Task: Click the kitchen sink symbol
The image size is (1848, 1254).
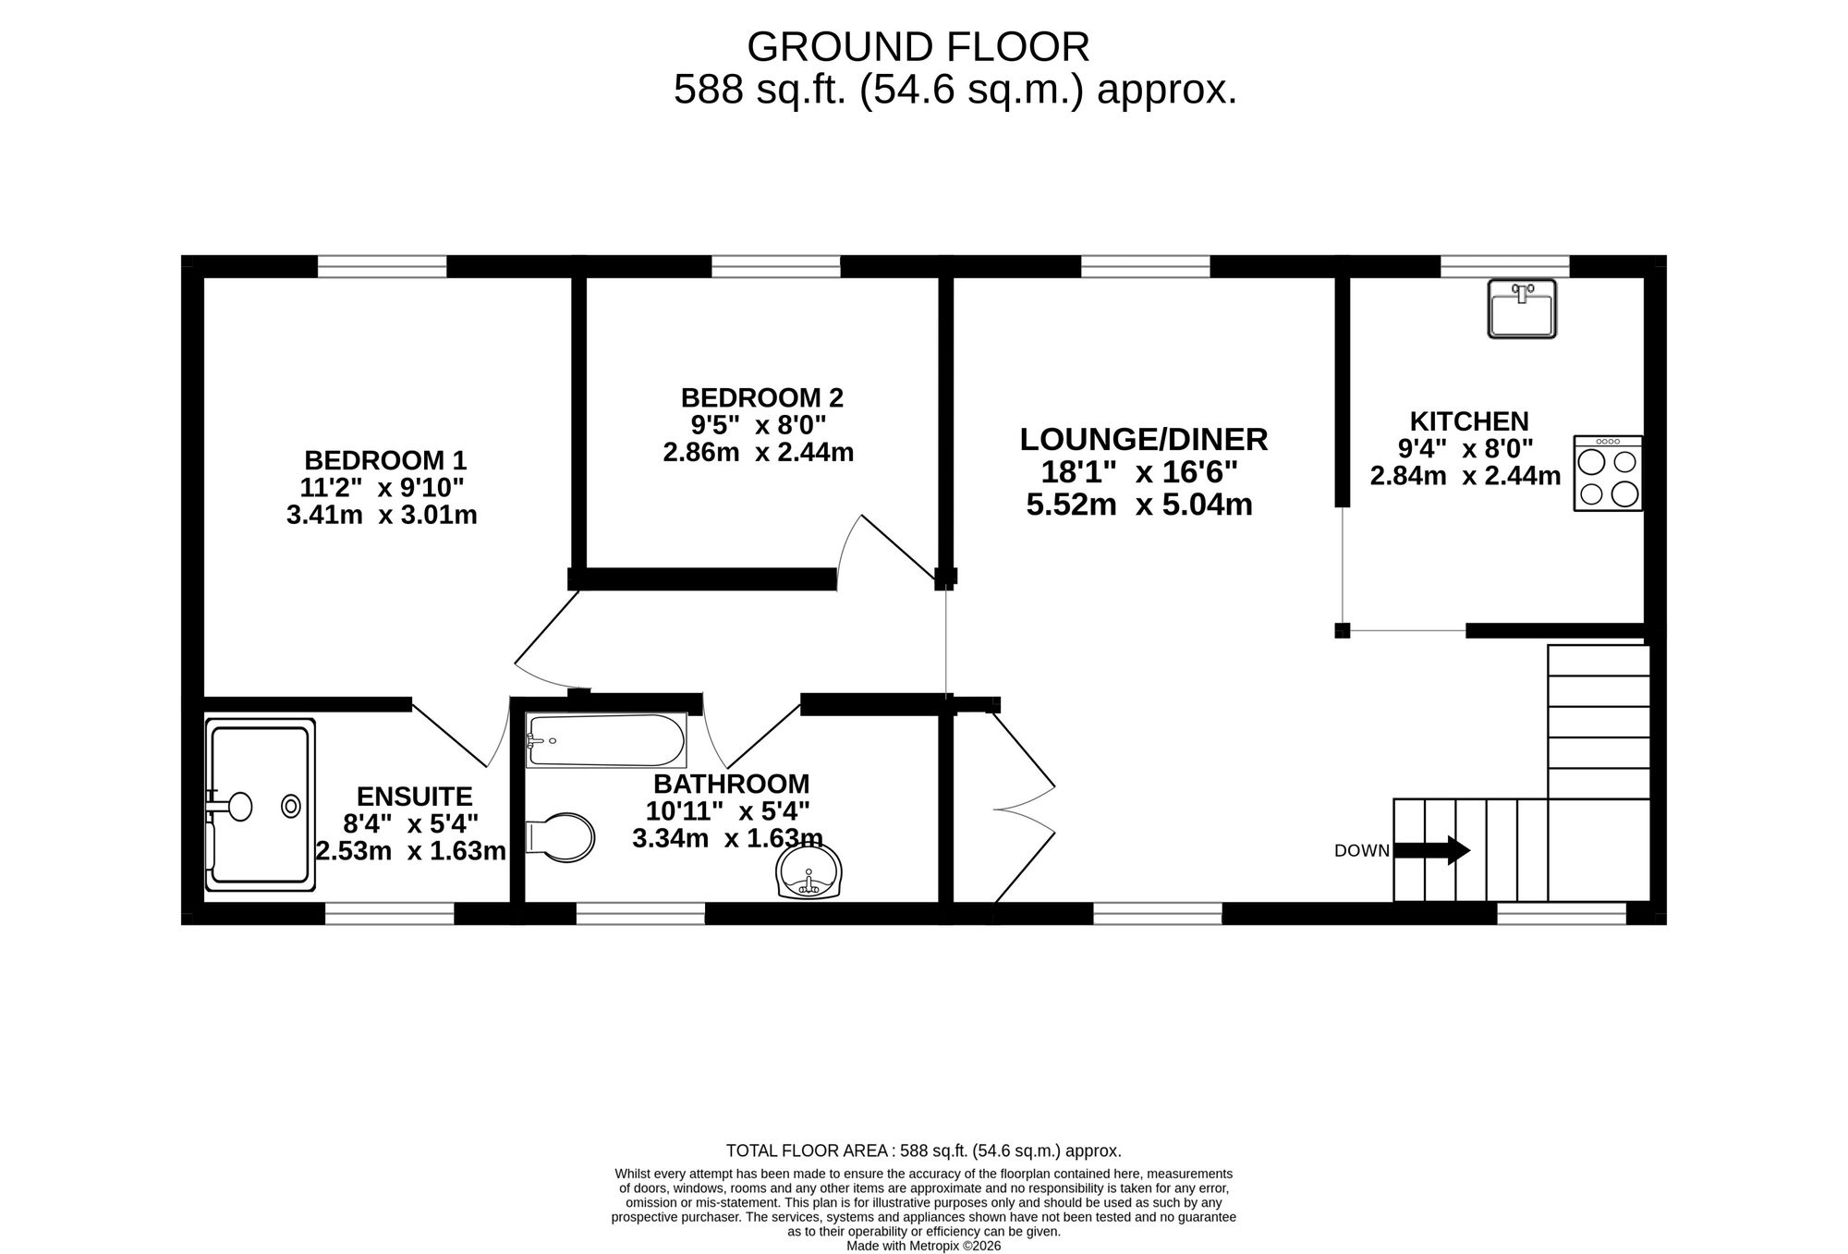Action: tap(1522, 309)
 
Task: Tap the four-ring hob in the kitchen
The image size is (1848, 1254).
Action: tap(1609, 473)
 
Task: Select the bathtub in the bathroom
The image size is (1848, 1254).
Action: tap(606, 740)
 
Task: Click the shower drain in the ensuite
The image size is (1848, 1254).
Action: tap(291, 807)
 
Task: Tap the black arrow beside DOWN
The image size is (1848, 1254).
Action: tap(1431, 850)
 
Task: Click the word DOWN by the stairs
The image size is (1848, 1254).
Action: tap(1362, 851)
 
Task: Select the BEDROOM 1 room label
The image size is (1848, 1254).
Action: tap(385, 460)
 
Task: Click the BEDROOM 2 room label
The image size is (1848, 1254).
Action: tap(762, 398)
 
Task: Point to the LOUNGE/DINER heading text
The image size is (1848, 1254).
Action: tap(1144, 439)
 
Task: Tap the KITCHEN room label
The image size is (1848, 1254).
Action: tap(1469, 421)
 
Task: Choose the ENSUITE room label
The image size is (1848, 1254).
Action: tap(414, 797)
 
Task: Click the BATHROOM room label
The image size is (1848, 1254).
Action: tap(731, 784)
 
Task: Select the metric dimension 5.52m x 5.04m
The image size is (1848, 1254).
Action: tap(1139, 505)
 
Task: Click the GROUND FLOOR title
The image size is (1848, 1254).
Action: tap(918, 46)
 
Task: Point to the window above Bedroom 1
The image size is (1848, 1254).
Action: tap(383, 266)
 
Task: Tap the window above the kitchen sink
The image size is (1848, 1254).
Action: tap(1505, 266)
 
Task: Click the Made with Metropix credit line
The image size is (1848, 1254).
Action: tap(924, 1246)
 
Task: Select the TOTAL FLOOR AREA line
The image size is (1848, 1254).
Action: tap(924, 1151)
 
